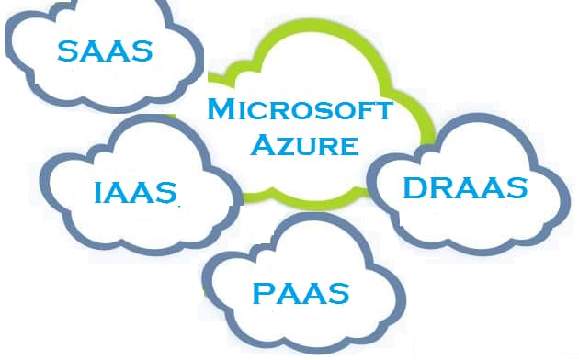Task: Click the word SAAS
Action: pyautogui.click(x=104, y=51)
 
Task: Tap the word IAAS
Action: pyautogui.click(x=134, y=194)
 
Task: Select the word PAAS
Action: pyautogui.click(x=301, y=294)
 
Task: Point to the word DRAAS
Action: pyautogui.click(x=465, y=188)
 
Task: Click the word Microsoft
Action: pyautogui.click(x=300, y=111)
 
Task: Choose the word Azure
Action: pyautogui.click(x=302, y=145)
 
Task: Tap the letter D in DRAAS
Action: pyautogui.click(x=415, y=188)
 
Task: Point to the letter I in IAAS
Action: pyautogui.click(x=98, y=194)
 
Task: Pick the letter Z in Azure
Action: pyautogui.click(x=282, y=146)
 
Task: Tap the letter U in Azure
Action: pyautogui.click(x=303, y=146)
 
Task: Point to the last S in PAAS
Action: pyautogui.click(x=338, y=294)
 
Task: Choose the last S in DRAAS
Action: pyautogui.click(x=516, y=188)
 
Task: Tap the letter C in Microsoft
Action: pyautogui.click(x=256, y=112)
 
